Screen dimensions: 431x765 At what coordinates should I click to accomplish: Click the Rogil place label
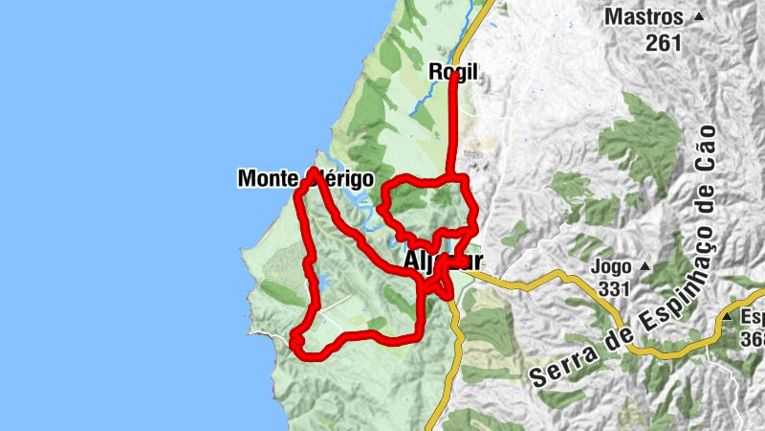click(452, 70)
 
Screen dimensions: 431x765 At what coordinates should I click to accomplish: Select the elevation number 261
click(663, 42)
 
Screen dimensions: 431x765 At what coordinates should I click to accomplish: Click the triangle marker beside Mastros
click(699, 17)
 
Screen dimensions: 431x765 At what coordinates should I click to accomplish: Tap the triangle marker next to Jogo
click(645, 266)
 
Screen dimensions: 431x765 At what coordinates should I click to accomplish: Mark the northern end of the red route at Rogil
click(453, 76)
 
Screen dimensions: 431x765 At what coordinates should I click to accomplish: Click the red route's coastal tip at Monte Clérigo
click(314, 172)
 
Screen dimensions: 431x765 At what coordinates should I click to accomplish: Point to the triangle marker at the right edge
click(728, 317)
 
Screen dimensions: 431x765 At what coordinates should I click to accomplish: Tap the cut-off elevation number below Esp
click(754, 340)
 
